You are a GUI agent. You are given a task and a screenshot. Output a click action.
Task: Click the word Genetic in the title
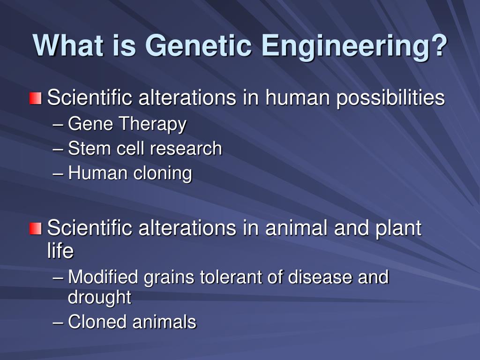200,46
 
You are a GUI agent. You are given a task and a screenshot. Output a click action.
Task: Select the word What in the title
67,45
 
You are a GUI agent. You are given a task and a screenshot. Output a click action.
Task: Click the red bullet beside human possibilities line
36,98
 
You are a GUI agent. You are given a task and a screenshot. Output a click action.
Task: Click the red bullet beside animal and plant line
36,229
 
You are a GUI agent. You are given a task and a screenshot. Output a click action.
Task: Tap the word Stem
89,149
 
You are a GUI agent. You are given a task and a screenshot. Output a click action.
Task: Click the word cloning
163,173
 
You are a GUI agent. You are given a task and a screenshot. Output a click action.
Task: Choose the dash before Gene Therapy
58,125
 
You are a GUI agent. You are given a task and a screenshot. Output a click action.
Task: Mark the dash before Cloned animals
58,322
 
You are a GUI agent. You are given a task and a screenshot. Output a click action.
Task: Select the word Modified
103,277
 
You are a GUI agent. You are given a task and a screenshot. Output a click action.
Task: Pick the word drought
99,298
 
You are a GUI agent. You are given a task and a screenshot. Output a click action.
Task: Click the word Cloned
97,322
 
